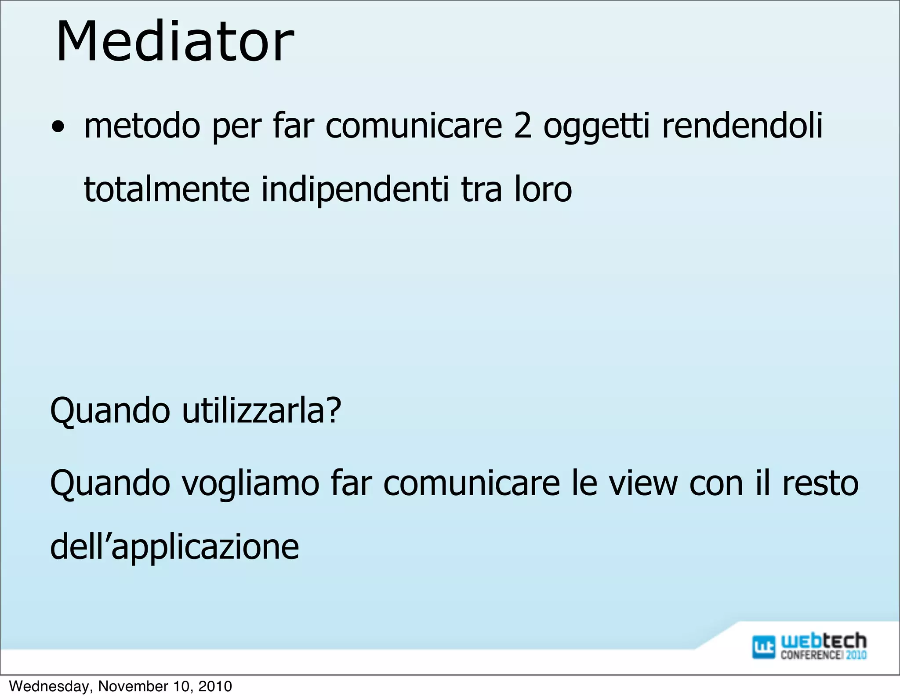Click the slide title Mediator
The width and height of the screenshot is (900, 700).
pos(175,42)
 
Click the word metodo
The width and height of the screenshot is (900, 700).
pos(142,126)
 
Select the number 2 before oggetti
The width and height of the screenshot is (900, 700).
pos(522,126)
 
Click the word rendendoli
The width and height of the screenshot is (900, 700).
pos(742,126)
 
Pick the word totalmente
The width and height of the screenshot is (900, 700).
pos(167,189)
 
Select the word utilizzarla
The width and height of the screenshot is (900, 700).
pos(254,410)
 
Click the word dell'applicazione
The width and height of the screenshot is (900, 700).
pos(174,548)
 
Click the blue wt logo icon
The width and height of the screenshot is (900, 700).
pos(764,647)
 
